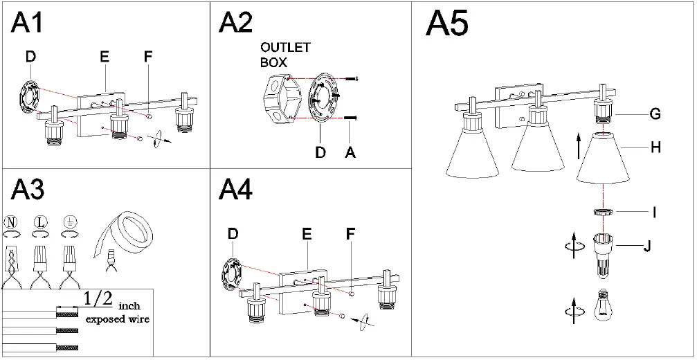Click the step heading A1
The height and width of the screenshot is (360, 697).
pyautogui.click(x=28, y=22)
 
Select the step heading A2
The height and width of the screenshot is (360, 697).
pyautogui.click(x=236, y=22)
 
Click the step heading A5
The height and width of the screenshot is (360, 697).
pyautogui.click(x=446, y=24)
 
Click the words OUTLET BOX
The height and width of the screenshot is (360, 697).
pyautogui.click(x=284, y=55)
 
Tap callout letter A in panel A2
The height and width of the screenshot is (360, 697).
pyautogui.click(x=350, y=152)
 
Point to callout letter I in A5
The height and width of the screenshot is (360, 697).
pyautogui.click(x=655, y=212)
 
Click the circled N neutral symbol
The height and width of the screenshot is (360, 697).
pyautogui.click(x=10, y=223)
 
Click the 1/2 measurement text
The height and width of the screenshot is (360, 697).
pyautogui.click(x=98, y=299)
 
